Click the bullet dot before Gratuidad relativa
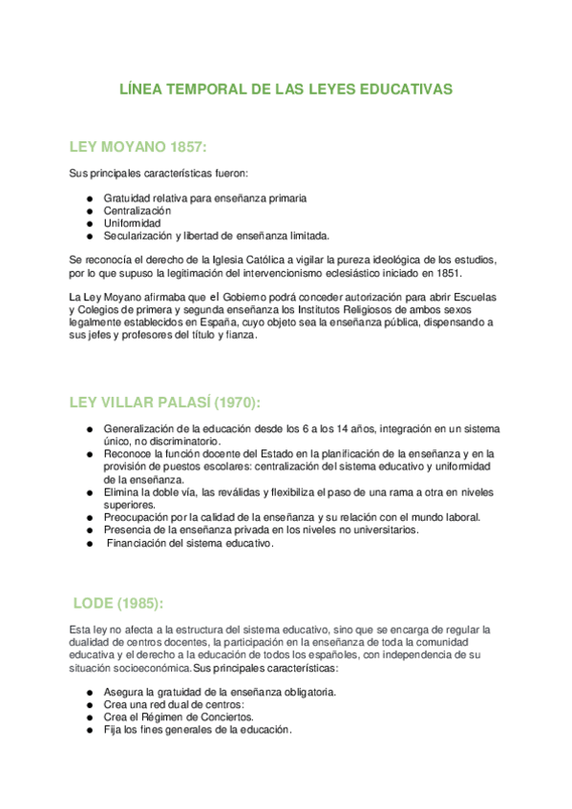pyautogui.click(x=89, y=197)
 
